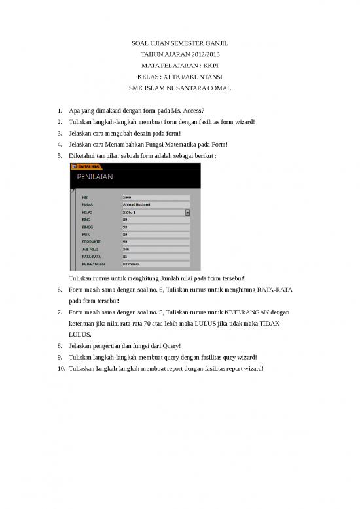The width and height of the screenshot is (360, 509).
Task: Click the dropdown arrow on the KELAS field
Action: pyautogui.click(x=187, y=212)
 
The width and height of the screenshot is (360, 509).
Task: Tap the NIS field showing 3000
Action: pyautogui.click(x=155, y=197)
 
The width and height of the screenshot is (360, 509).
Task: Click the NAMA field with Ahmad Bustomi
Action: pyautogui.click(x=155, y=204)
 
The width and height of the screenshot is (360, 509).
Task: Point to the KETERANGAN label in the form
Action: pyautogui.click(x=93, y=265)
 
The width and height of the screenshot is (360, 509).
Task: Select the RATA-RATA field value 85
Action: pyautogui.click(x=155, y=257)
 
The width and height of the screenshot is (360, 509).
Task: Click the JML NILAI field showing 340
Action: pyautogui.click(x=155, y=250)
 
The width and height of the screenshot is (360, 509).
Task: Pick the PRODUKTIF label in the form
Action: pyautogui.click(x=92, y=242)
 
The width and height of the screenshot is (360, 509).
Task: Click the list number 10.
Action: pyautogui.click(x=60, y=368)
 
